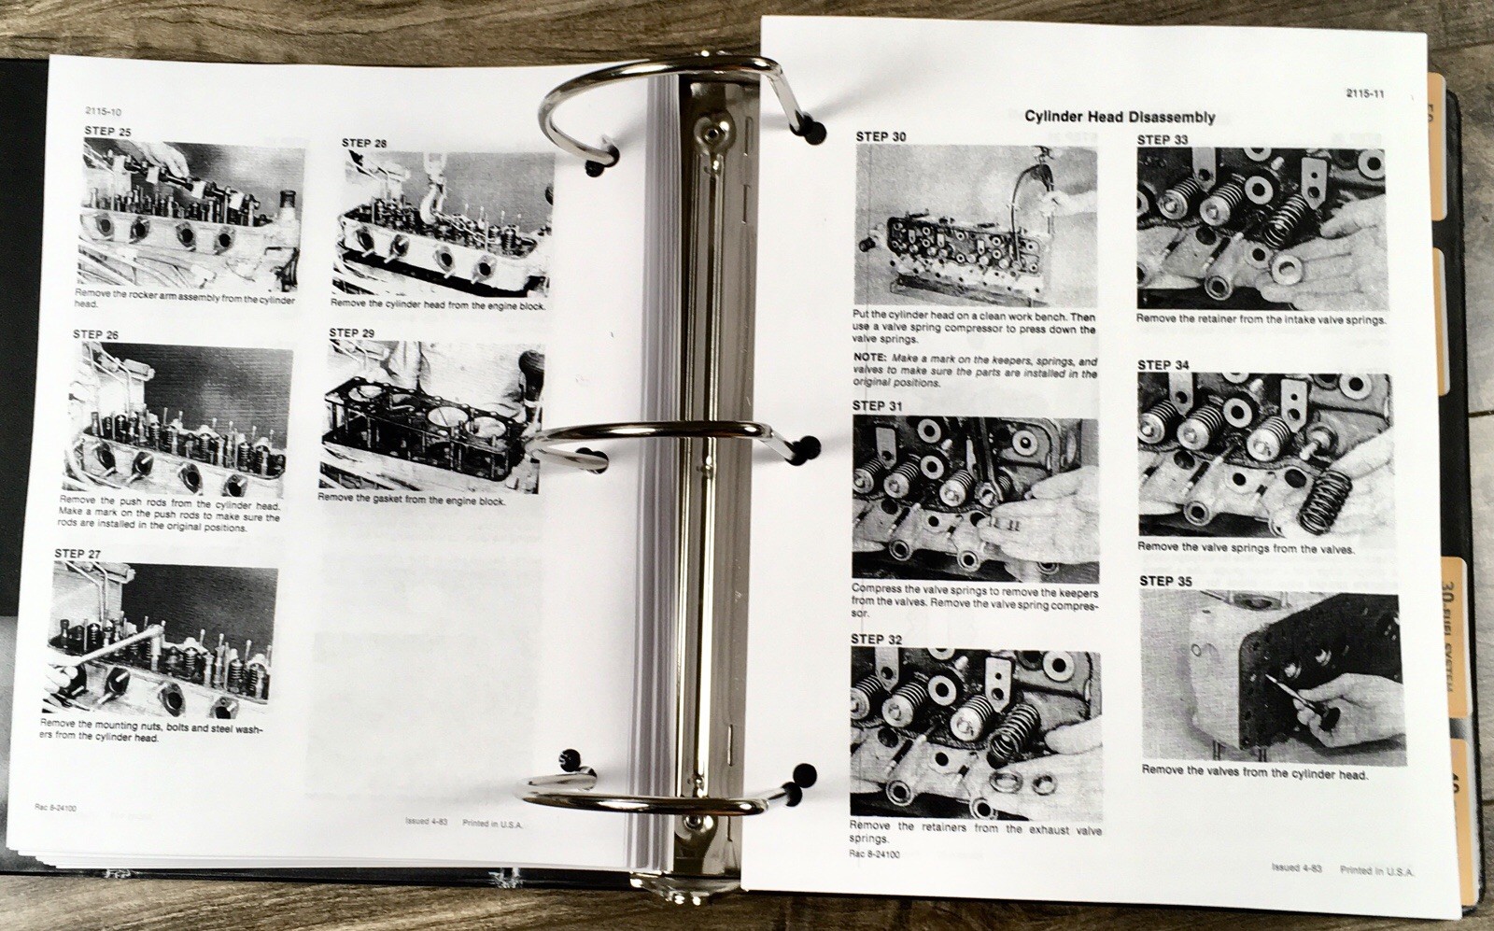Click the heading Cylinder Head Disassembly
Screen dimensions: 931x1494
[1120, 117]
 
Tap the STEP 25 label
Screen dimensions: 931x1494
[107, 132]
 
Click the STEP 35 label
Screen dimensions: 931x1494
[1165, 581]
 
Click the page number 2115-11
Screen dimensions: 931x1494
[1365, 92]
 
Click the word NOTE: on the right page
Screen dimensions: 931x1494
[870, 360]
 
